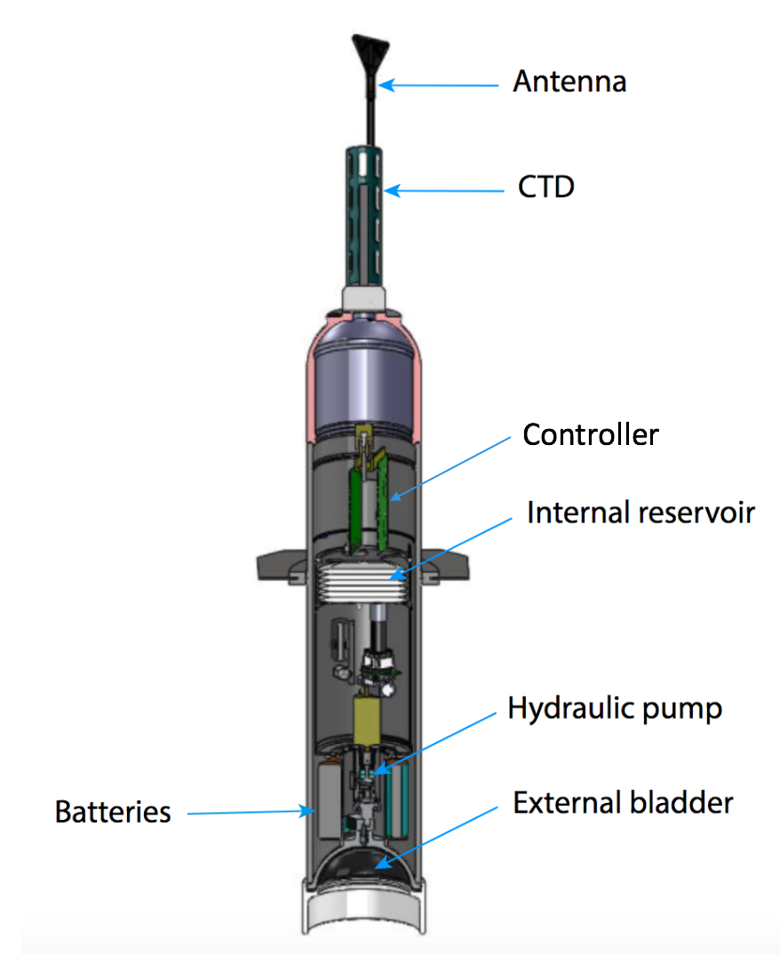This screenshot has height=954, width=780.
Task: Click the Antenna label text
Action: (569, 83)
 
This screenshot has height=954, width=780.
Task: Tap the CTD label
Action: (545, 188)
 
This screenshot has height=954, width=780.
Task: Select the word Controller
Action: (591, 435)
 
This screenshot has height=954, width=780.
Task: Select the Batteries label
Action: (113, 812)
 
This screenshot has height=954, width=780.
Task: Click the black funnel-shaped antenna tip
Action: (370, 48)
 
